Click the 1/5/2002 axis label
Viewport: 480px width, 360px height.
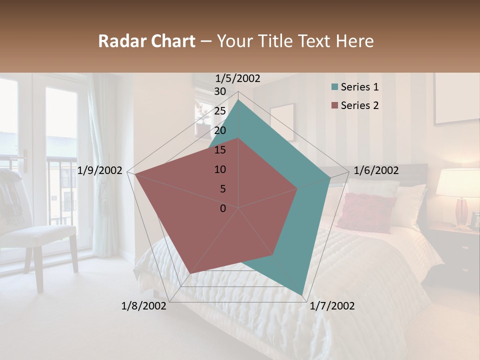238,78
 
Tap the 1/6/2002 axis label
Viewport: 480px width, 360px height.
376,170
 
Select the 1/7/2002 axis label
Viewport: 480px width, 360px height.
332,306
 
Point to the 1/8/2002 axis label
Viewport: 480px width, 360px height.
144,306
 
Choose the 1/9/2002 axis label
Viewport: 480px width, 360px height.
100,170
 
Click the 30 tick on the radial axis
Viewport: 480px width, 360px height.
220,91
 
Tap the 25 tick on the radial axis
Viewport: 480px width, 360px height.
220,111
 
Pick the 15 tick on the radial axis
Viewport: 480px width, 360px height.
220,150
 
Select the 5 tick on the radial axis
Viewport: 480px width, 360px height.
223,189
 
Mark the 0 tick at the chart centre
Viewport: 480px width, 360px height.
223,208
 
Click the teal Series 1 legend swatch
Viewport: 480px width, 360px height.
334,87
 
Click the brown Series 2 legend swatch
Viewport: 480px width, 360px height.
334,105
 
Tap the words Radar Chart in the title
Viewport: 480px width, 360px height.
146,41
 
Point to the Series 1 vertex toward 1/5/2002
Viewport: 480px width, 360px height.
238,100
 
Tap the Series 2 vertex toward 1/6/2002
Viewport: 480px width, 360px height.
297,188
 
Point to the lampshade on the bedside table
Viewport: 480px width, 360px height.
458,182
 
